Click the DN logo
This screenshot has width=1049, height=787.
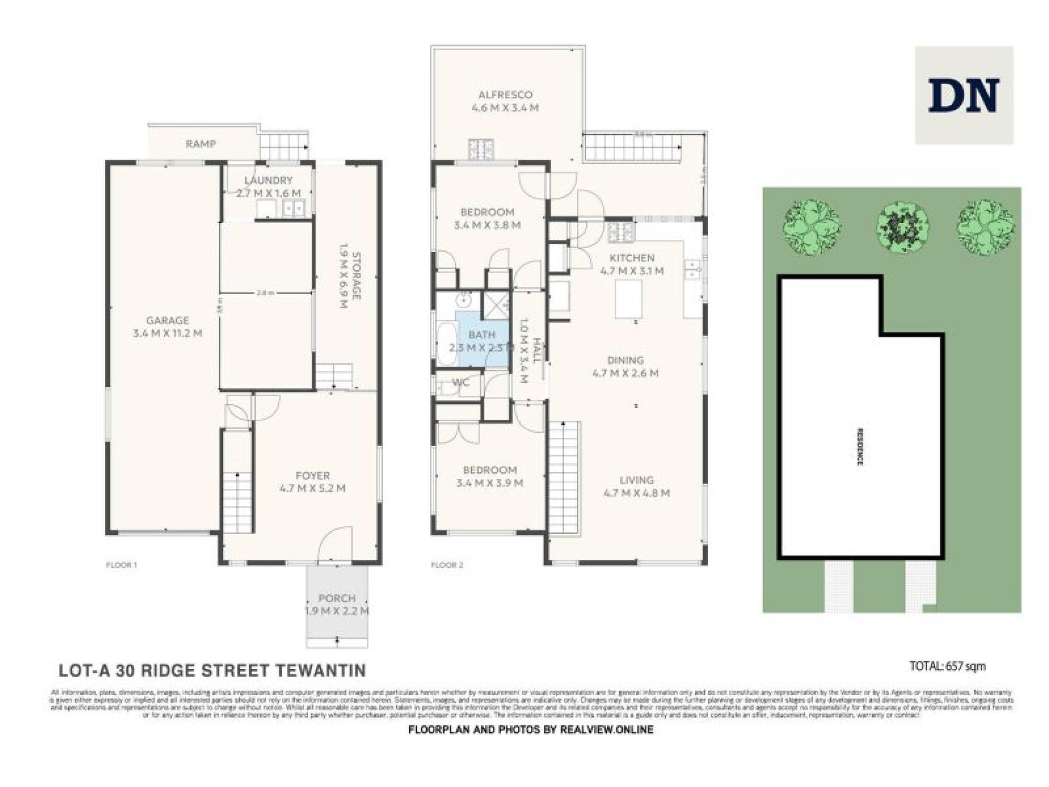(x=964, y=95)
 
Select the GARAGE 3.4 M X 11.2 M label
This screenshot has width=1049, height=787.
(x=168, y=327)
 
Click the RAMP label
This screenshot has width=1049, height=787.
(x=201, y=144)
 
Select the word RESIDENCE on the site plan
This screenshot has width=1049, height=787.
(x=860, y=447)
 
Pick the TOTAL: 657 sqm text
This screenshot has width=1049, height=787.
(x=948, y=666)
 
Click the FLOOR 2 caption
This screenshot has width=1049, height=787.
(x=447, y=565)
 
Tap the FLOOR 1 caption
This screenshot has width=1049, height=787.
(x=121, y=565)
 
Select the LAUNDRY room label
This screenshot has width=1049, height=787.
(x=268, y=180)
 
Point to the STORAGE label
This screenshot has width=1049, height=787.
(x=356, y=276)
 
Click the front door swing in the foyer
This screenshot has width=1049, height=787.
(x=334, y=545)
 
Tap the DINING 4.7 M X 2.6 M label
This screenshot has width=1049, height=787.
(x=626, y=367)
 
